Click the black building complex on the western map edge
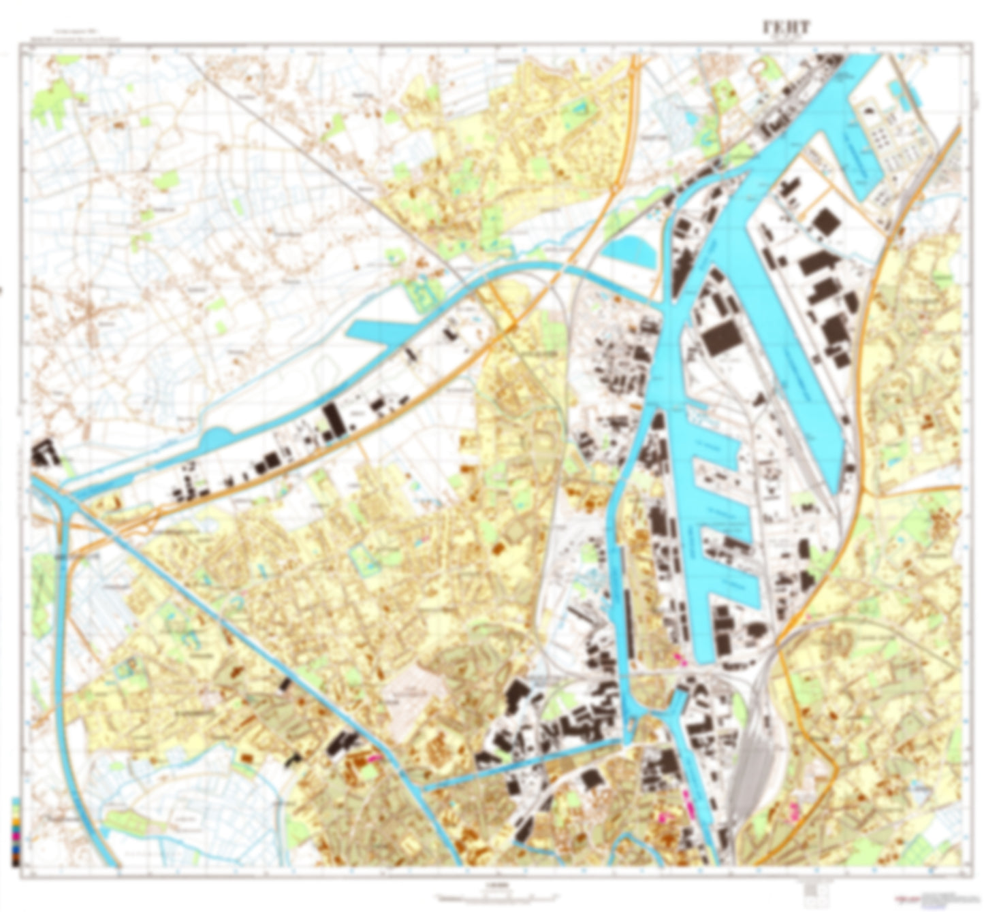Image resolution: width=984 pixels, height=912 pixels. coord(45,453)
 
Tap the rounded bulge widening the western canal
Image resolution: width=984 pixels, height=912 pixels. coord(216,439)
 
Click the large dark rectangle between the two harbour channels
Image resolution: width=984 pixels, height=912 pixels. coord(721,337)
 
